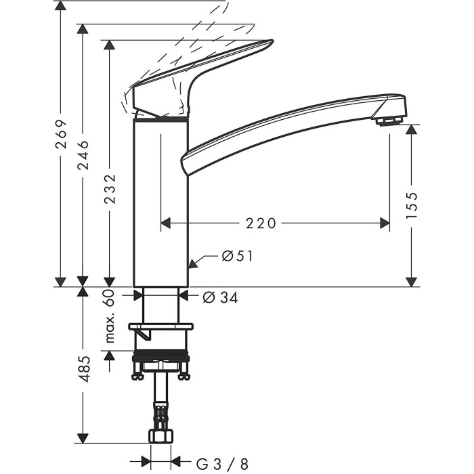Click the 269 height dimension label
[x=61, y=134]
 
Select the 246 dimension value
[x=83, y=155]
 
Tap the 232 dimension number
[x=110, y=189]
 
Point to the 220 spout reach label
[x=261, y=223]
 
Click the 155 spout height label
[x=412, y=205]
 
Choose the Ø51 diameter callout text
[x=237, y=257]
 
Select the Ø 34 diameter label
[x=220, y=297]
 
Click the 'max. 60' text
[x=110, y=316]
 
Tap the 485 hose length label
[x=83, y=369]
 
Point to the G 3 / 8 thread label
[x=222, y=464]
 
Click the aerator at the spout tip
[x=390, y=121]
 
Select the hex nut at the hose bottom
[x=161, y=436]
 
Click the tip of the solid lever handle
[x=273, y=41]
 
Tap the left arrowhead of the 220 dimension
[x=165, y=223]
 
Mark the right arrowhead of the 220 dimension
[x=385, y=223]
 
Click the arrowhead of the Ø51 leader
[x=192, y=263]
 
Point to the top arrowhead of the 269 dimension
[x=61, y=5]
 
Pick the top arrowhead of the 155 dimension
[x=412, y=130]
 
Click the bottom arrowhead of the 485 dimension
[x=83, y=438]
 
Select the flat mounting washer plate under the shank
[x=161, y=326]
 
